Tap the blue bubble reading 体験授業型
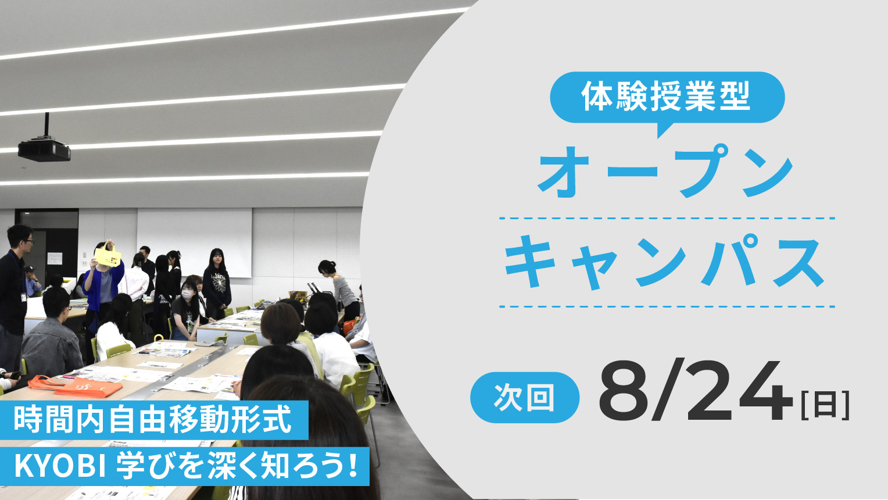click(667, 99)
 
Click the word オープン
click(665, 171)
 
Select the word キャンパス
click(665, 262)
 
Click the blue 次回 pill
click(524, 397)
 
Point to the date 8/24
click(696, 391)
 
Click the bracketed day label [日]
click(825, 405)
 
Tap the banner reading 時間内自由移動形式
click(154, 420)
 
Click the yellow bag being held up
click(108, 255)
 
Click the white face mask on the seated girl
click(187, 294)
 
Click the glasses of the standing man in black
click(28, 241)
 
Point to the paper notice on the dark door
click(55, 259)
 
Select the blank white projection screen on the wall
click(194, 242)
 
